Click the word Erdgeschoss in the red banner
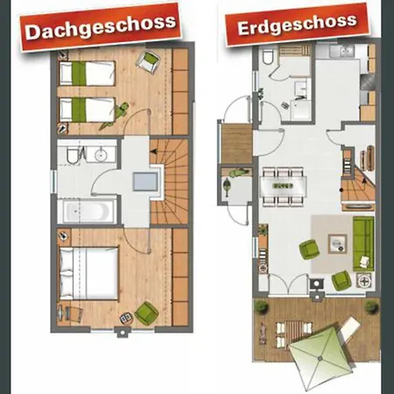click(297, 25)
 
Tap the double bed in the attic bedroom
click(88, 273)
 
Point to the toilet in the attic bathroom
click(73, 155)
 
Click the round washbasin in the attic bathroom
click(101, 155)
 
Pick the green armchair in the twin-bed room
click(148, 62)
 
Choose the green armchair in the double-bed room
click(146, 313)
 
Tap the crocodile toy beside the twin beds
click(114, 116)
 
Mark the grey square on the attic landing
click(145, 181)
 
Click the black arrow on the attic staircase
click(154, 151)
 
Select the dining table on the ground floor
click(283, 186)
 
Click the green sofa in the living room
click(363, 243)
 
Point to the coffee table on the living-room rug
click(338, 243)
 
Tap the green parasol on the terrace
click(320, 358)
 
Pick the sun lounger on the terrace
click(349, 329)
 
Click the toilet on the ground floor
click(267, 57)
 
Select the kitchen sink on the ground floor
click(342, 52)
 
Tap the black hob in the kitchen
click(368, 82)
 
